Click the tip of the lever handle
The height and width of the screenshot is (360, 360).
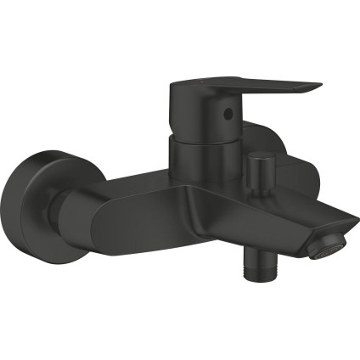(318, 87)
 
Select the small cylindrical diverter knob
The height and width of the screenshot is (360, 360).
(262, 162)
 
